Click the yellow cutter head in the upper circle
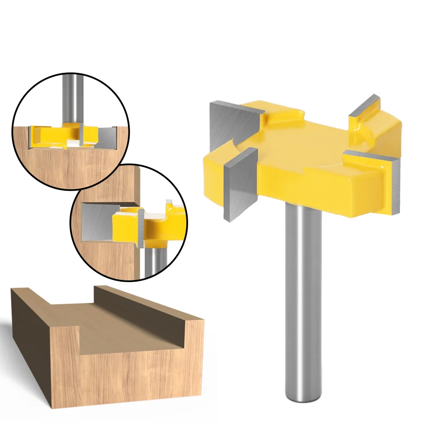(47, 135)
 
